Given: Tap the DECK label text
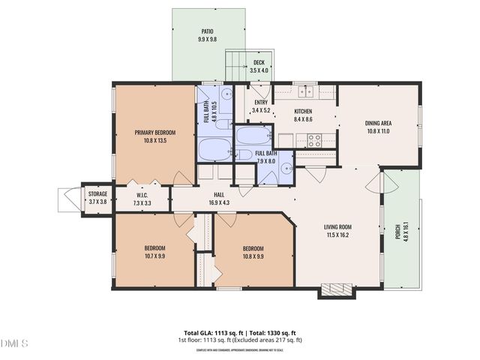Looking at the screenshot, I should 258,63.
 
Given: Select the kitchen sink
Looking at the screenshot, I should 305,92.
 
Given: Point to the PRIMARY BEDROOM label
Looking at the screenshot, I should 154,133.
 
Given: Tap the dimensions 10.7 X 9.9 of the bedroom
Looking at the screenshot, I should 154,256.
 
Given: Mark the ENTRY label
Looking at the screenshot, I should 260,103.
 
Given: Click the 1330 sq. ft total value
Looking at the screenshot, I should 282,332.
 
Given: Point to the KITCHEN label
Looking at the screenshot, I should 302,111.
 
